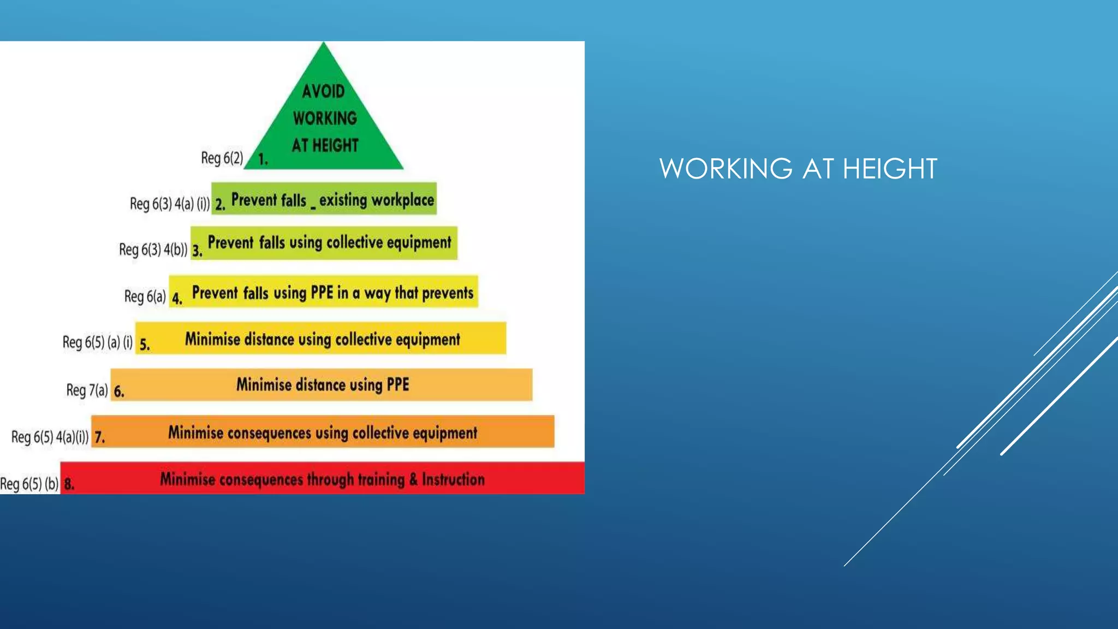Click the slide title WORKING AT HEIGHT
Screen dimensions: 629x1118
798,169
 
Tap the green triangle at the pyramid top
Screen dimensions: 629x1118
323,120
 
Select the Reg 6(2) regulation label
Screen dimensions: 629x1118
222,158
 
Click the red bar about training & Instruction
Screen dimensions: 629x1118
322,478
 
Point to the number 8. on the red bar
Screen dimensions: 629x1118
69,484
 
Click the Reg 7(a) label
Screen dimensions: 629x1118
87,390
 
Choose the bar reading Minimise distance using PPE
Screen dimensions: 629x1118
322,384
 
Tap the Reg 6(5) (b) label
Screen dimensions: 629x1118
29,484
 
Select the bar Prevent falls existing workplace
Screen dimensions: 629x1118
324,199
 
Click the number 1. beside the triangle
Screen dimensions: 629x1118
263,159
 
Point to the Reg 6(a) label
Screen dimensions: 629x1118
145,296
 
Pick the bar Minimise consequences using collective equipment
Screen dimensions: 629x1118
323,432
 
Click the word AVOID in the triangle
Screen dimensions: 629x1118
323,91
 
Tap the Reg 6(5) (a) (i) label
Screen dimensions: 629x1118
97,342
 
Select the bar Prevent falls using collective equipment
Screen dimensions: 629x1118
324,242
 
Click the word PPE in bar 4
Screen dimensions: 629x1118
322,293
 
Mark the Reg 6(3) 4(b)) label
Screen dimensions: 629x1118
153,250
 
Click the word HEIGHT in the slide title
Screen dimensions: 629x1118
890,169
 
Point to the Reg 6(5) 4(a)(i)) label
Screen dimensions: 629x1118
50,437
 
